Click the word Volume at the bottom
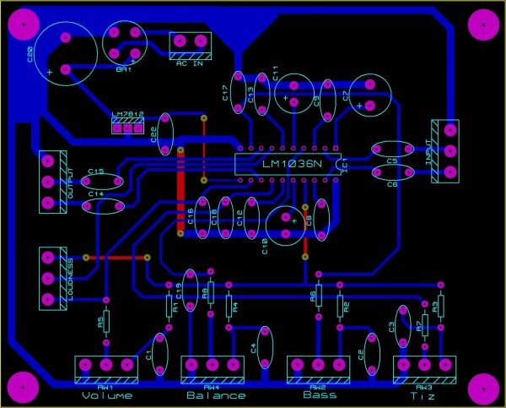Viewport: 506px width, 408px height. point(108,395)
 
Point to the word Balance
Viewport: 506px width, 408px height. point(216,395)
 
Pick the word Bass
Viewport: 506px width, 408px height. point(320,394)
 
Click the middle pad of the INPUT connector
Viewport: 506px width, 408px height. point(449,152)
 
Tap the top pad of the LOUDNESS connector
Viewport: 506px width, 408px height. point(48,257)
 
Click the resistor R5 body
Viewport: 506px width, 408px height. point(106,323)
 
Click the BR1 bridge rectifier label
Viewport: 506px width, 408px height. point(125,70)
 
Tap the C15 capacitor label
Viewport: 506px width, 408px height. point(95,171)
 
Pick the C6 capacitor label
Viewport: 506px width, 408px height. point(391,184)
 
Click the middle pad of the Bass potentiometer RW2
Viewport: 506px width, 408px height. point(318,365)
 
